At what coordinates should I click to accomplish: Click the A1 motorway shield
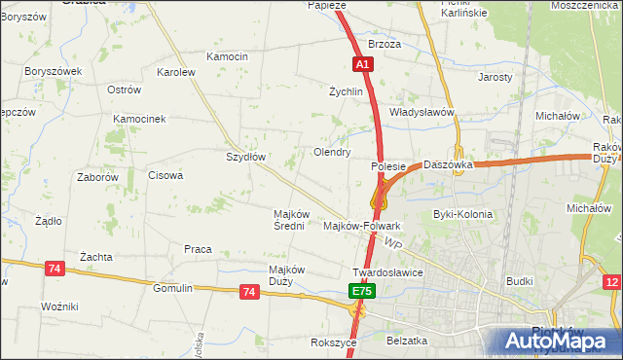[x=361, y=64]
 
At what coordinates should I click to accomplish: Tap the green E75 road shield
[x=361, y=291]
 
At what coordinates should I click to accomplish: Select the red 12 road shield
[x=612, y=282]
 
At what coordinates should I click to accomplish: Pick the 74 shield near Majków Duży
[x=249, y=291]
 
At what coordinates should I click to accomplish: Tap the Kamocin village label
[x=228, y=56]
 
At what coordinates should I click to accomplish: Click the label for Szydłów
[x=245, y=156]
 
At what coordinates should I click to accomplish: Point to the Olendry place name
[x=332, y=152]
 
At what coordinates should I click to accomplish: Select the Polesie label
[x=387, y=166]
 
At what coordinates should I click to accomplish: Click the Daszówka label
[x=449, y=165]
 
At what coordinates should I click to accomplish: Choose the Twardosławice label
[x=387, y=272]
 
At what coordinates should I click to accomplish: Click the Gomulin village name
[x=173, y=288]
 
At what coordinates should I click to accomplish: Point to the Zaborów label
[x=97, y=177]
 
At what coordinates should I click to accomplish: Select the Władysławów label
[x=422, y=112]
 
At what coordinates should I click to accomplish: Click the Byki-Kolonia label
[x=462, y=214]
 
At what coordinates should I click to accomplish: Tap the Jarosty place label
[x=495, y=76]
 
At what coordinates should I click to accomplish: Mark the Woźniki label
[x=59, y=306]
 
